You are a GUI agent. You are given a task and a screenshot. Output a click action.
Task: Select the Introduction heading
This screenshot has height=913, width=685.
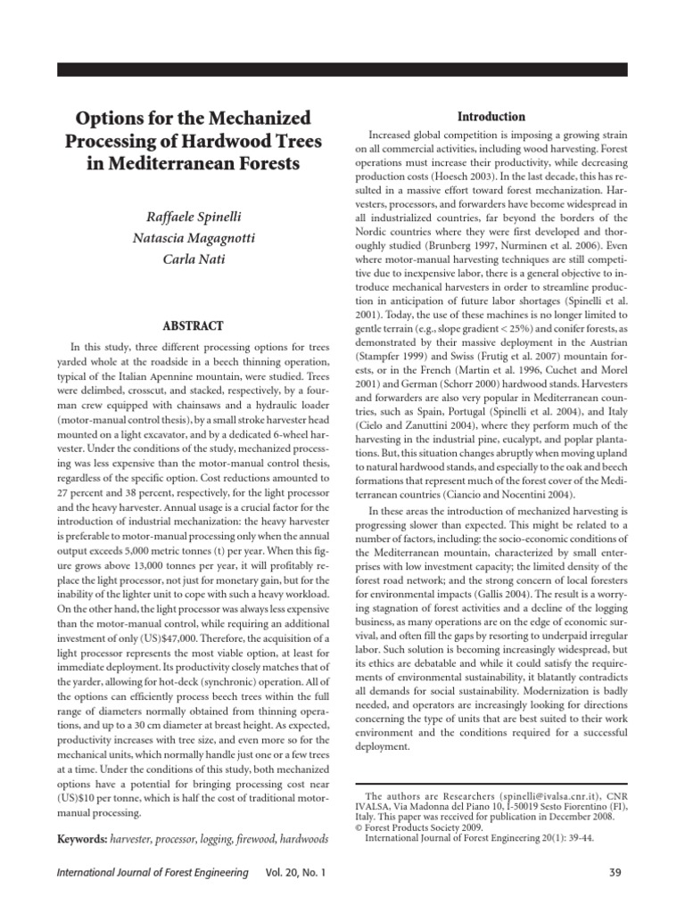pyautogui.click(x=491, y=117)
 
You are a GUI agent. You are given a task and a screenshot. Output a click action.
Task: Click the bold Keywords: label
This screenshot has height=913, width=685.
pyautogui.click(x=87, y=839)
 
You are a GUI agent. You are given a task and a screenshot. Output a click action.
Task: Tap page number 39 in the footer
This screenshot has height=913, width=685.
pyautogui.click(x=614, y=871)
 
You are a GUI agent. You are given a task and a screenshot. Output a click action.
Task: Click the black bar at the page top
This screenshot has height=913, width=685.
pyautogui.click(x=342, y=69)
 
